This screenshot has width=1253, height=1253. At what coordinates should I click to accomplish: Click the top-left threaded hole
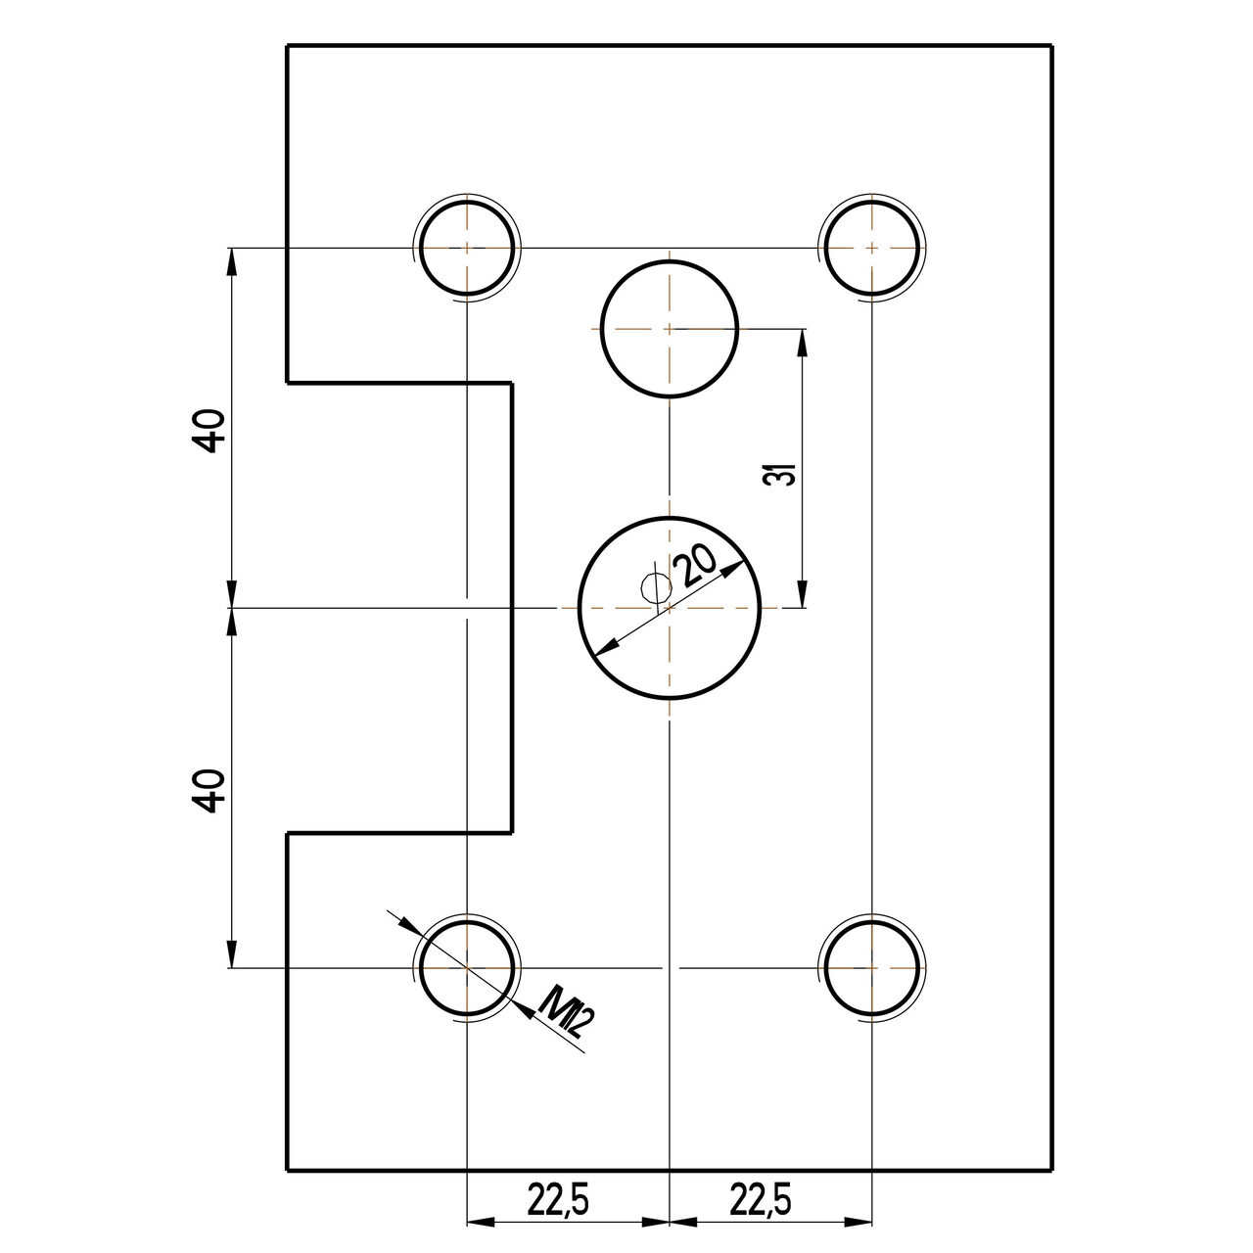468,248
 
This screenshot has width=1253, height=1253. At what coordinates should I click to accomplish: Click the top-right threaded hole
871,248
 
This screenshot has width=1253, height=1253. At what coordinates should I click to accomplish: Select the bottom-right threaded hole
871,967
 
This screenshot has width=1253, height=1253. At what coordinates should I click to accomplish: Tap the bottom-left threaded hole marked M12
468,967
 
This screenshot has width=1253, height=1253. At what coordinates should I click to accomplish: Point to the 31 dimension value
780,475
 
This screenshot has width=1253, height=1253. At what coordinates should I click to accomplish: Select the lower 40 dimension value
209,791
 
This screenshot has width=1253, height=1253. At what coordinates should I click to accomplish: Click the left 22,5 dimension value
558,1198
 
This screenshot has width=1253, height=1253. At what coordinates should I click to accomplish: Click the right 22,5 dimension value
760,1198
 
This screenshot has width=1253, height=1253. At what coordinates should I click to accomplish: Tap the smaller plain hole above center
669,329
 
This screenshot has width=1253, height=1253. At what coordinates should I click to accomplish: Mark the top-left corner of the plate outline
287,46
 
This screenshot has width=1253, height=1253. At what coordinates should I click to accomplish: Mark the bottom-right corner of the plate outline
1052,1170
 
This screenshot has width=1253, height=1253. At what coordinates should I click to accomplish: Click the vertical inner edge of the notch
511,607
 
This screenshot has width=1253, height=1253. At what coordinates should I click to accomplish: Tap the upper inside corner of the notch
511,383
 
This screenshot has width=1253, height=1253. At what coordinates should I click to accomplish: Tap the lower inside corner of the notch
511,833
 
